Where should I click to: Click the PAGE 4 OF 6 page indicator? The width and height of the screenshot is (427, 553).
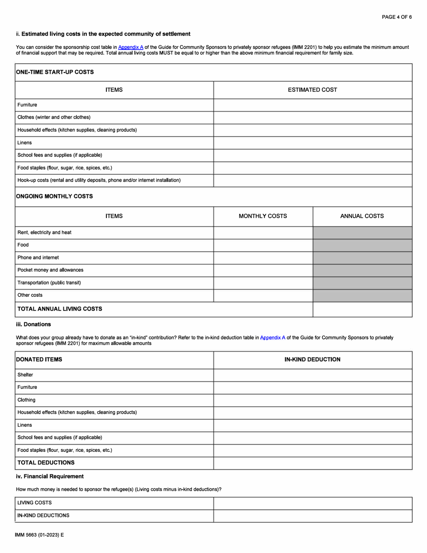396,17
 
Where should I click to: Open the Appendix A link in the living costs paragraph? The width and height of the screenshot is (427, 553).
130,47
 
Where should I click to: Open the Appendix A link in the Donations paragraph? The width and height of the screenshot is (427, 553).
272,337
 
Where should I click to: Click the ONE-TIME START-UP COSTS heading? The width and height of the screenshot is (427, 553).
54,72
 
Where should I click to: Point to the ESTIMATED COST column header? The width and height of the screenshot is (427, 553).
312,90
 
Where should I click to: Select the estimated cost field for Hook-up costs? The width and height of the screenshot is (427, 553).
312,181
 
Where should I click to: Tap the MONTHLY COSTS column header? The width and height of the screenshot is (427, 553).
262,216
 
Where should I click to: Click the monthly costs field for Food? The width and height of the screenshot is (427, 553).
262,245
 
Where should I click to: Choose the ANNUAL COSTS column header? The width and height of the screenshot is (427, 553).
362,216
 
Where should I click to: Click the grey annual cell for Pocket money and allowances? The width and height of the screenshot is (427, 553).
362,270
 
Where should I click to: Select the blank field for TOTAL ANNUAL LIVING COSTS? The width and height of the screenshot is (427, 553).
362,309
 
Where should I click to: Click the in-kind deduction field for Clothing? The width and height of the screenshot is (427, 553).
312,400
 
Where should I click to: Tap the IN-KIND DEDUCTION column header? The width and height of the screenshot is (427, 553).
312,360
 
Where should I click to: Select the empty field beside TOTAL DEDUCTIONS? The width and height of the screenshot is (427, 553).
312,463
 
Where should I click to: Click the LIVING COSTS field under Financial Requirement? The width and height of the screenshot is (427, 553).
312,503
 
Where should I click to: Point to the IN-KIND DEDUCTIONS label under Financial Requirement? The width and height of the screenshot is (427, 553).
43,516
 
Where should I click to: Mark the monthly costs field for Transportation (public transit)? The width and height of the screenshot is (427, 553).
262,283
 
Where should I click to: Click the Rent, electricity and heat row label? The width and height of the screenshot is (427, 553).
44,232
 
